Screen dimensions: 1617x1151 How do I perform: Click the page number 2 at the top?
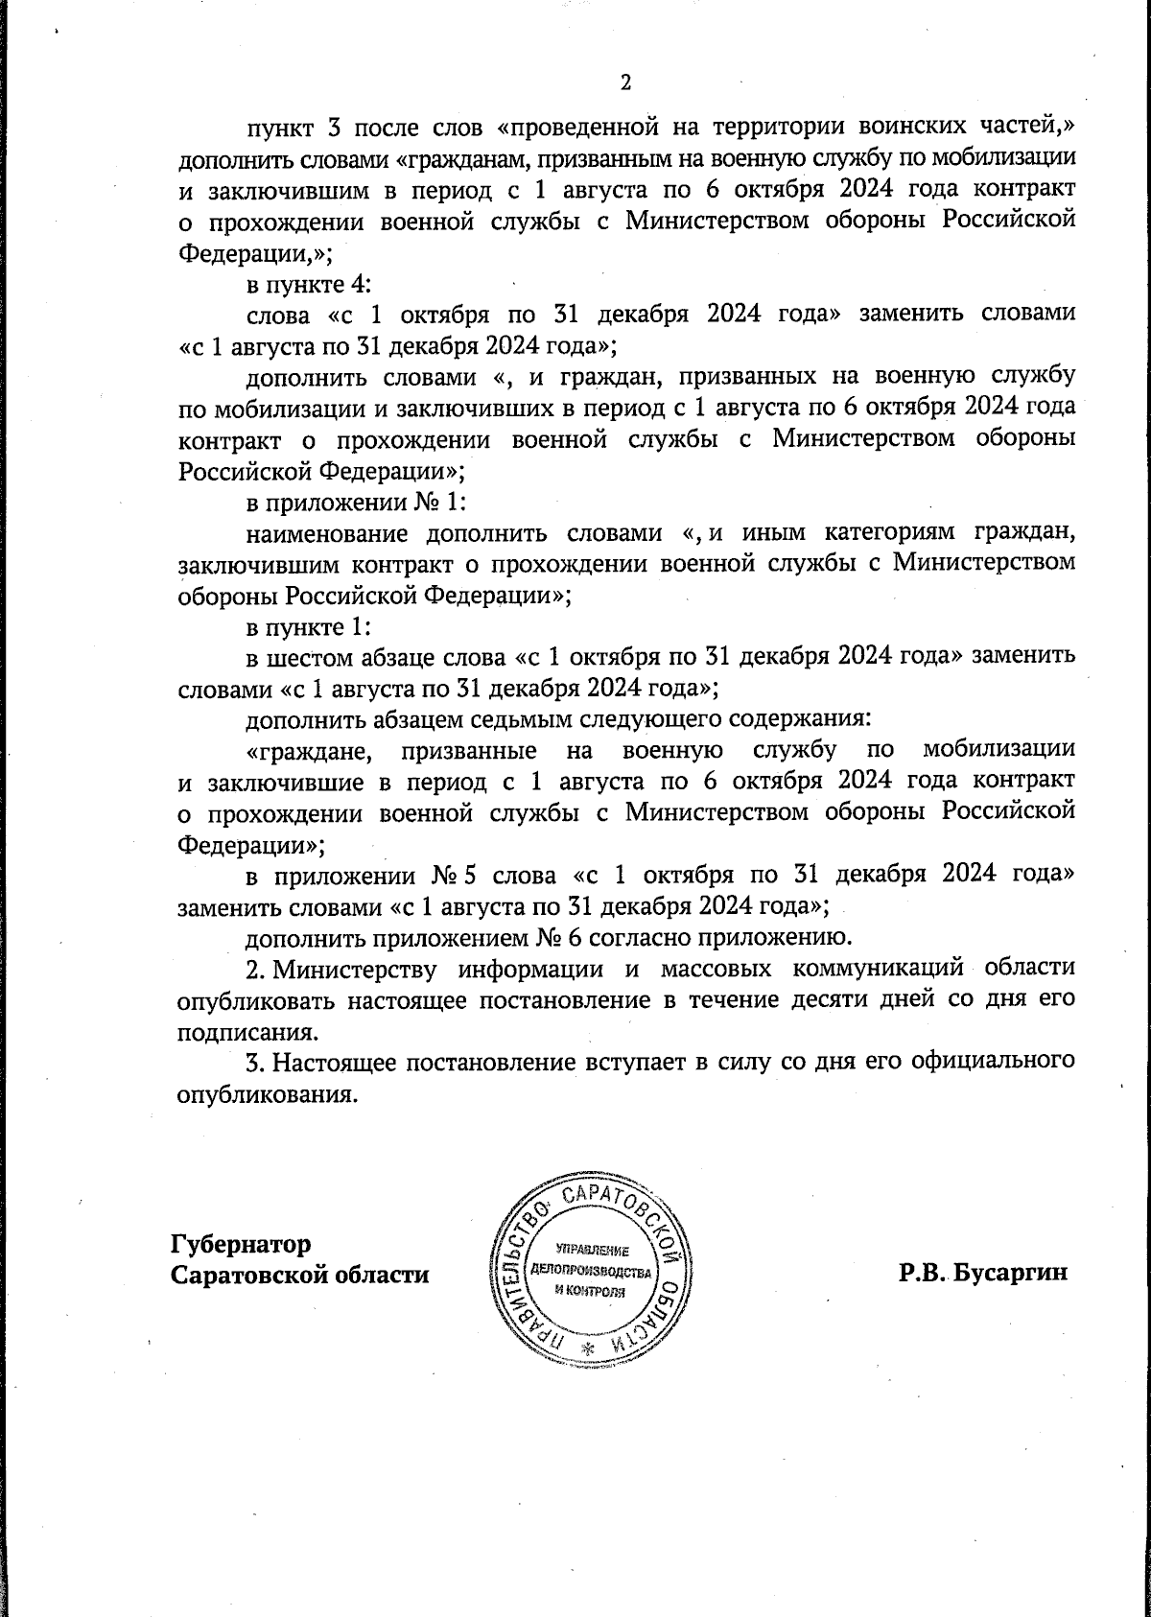point(625,82)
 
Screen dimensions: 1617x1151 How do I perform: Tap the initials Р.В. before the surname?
point(926,1275)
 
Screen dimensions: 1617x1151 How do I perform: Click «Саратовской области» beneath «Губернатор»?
point(300,1277)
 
